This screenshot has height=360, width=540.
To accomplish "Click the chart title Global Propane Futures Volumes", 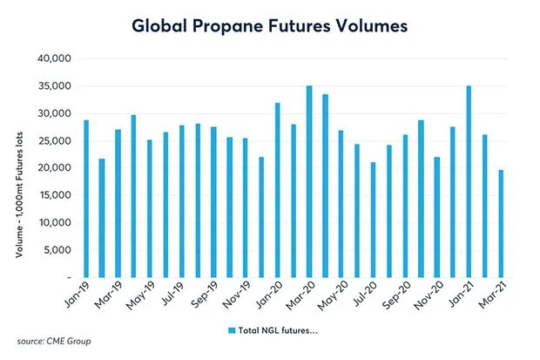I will tap(269, 25).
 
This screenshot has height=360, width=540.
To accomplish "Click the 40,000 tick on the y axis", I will tap(55, 59).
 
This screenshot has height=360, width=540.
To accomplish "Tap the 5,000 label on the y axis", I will tap(57, 250).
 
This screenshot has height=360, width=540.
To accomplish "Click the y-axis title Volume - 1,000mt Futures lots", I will tap(19, 168).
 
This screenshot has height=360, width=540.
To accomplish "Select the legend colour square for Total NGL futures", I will tap(232, 330).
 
